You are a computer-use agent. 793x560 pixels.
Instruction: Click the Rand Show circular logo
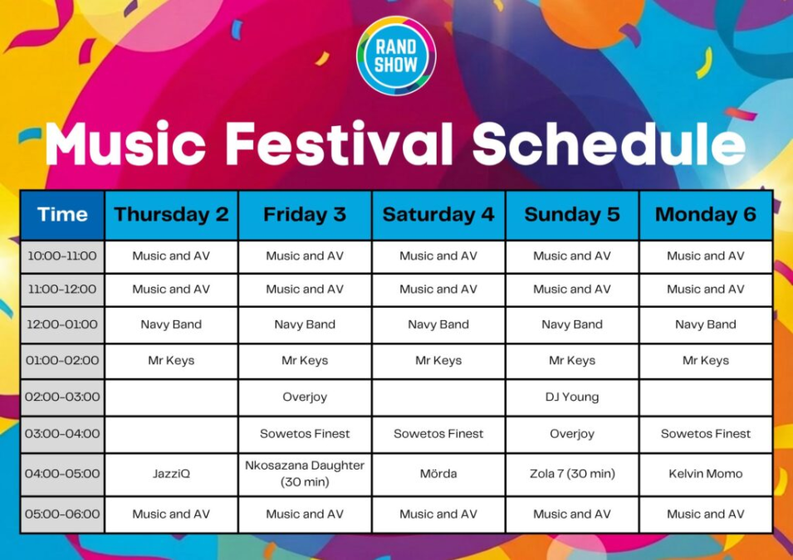[x=396, y=56]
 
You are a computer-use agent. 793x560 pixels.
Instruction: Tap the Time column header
[x=62, y=215]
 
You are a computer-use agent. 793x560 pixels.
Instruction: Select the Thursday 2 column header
[x=171, y=215]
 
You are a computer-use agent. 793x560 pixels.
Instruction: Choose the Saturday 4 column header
[x=438, y=215]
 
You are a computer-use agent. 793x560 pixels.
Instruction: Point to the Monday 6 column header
[x=706, y=215]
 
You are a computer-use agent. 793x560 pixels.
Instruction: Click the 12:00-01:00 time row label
[x=62, y=324]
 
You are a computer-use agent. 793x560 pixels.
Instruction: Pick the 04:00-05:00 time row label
[x=62, y=474]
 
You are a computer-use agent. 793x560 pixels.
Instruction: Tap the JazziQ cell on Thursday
[x=171, y=474]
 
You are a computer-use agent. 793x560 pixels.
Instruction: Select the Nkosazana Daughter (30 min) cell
[x=305, y=474]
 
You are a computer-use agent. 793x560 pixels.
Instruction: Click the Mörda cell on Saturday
[x=438, y=474]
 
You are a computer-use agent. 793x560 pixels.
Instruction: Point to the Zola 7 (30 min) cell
[x=572, y=474]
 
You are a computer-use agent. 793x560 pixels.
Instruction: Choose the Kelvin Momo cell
[x=706, y=474]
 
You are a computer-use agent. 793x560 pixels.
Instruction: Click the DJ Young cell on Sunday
[x=572, y=397]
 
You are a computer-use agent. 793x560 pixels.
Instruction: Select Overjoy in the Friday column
[x=305, y=397]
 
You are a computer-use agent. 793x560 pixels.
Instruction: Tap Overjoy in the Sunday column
[x=572, y=434]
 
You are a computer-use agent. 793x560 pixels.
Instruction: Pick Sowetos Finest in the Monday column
[x=706, y=434]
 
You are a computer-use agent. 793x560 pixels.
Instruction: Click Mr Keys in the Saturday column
[x=438, y=361]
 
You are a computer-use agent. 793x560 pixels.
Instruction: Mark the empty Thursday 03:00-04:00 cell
[x=171, y=434]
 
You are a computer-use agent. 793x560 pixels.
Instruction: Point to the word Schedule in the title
[x=609, y=144]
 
